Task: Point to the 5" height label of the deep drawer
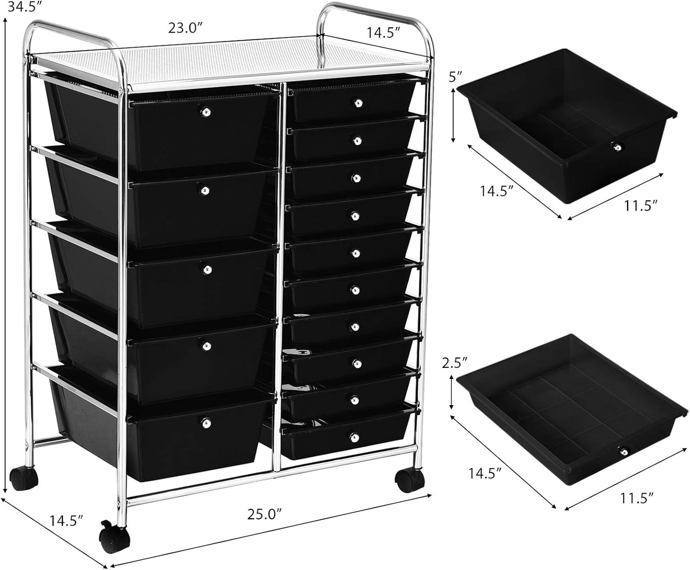pyautogui.click(x=458, y=77)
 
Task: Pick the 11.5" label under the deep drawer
pyautogui.click(x=640, y=206)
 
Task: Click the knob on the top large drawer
pyautogui.click(x=206, y=112)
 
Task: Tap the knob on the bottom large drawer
pyautogui.click(x=205, y=423)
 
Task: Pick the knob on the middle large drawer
pyautogui.click(x=207, y=269)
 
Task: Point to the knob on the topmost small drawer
pyautogui.click(x=357, y=102)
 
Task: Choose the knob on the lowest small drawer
pyautogui.click(x=355, y=436)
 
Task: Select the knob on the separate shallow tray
pyautogui.click(x=623, y=451)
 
